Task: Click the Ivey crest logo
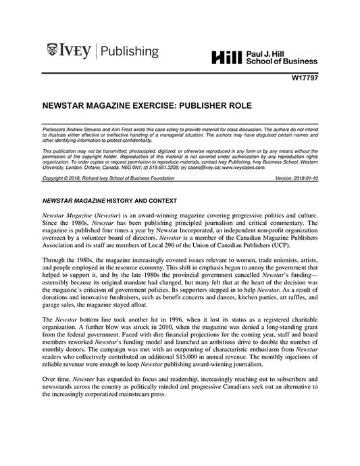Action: [x=53, y=51]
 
